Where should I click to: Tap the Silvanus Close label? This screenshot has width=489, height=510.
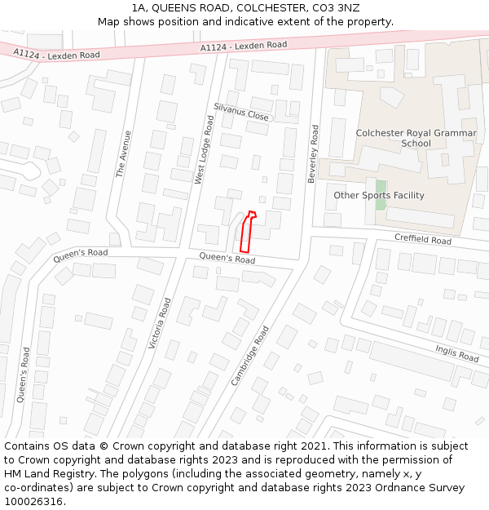point(241,112)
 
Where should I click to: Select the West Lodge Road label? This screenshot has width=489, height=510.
point(204,149)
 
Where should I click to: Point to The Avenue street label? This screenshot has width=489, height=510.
point(122,154)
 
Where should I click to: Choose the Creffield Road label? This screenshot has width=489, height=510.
point(422,240)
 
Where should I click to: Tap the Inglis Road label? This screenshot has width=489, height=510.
point(456,353)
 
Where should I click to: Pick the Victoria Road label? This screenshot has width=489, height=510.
point(160,324)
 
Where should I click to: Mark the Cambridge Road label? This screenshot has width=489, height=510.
point(249,356)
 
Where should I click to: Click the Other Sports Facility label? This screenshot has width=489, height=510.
point(379,195)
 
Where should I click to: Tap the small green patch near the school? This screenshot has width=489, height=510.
point(381,195)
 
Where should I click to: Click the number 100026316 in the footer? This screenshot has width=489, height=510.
point(34,502)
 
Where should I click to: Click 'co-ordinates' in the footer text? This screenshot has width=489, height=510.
point(39,488)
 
